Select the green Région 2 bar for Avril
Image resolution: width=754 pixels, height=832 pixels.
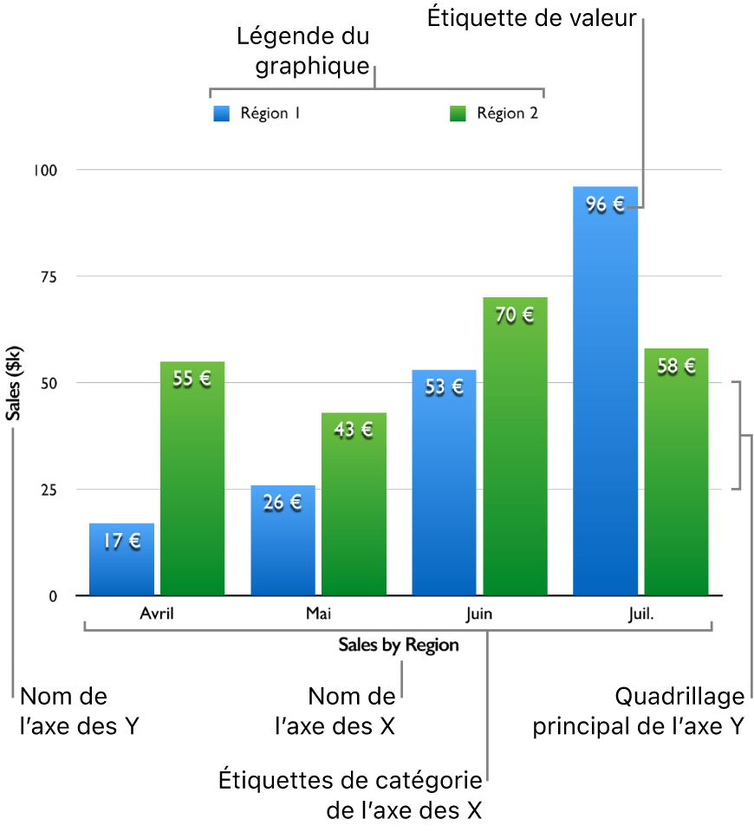pyautogui.click(x=192, y=485)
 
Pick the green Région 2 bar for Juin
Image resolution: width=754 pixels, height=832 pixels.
pyautogui.click(x=515, y=459)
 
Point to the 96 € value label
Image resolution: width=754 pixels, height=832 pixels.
pyautogui.click(x=605, y=205)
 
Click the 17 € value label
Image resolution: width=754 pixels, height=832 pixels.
pyautogui.click(x=121, y=542)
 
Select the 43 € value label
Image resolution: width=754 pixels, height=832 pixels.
pyautogui.click(x=354, y=430)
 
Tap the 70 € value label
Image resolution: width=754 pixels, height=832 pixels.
pyautogui.click(x=515, y=315)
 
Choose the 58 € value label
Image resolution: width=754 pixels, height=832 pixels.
pyautogui.click(x=676, y=367)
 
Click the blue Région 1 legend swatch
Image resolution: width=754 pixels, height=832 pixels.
pyautogui.click(x=222, y=114)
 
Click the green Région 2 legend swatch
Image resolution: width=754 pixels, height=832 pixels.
pyautogui.click(x=458, y=114)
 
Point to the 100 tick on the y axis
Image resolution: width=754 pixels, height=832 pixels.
pyautogui.click(x=45, y=170)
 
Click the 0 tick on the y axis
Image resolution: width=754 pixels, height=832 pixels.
pyautogui.click(x=53, y=596)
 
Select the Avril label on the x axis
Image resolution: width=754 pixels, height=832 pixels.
pyautogui.click(x=157, y=614)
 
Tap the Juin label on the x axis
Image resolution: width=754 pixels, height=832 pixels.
pyautogui.click(x=478, y=614)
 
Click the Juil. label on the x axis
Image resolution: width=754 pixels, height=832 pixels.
pyautogui.click(x=640, y=614)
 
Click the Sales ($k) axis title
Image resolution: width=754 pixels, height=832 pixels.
pyautogui.click(x=15, y=383)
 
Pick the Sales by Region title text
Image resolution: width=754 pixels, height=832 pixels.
pyautogui.click(x=399, y=646)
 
